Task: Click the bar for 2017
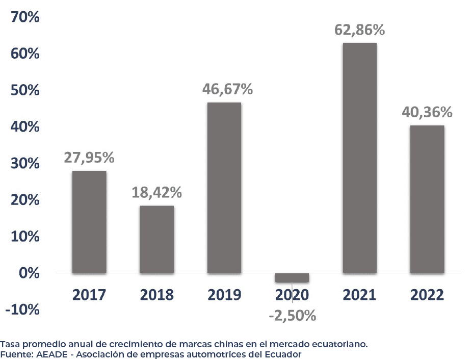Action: pos(89,222)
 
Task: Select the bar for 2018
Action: pos(156,239)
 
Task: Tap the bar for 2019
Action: pos(224,188)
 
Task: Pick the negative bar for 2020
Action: pos(292,278)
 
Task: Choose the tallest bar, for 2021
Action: pos(359,158)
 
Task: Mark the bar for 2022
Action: pos(427,199)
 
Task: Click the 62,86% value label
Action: pos(359,30)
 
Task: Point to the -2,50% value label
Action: pos(293,316)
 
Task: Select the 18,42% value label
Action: pos(156,193)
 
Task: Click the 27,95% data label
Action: pos(89,158)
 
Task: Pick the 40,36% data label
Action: pos(427,112)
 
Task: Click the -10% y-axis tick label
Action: pos(22,310)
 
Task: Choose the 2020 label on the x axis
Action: pos(292,295)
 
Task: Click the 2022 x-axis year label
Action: pos(427,295)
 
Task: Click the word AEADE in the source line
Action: pos(50,354)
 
